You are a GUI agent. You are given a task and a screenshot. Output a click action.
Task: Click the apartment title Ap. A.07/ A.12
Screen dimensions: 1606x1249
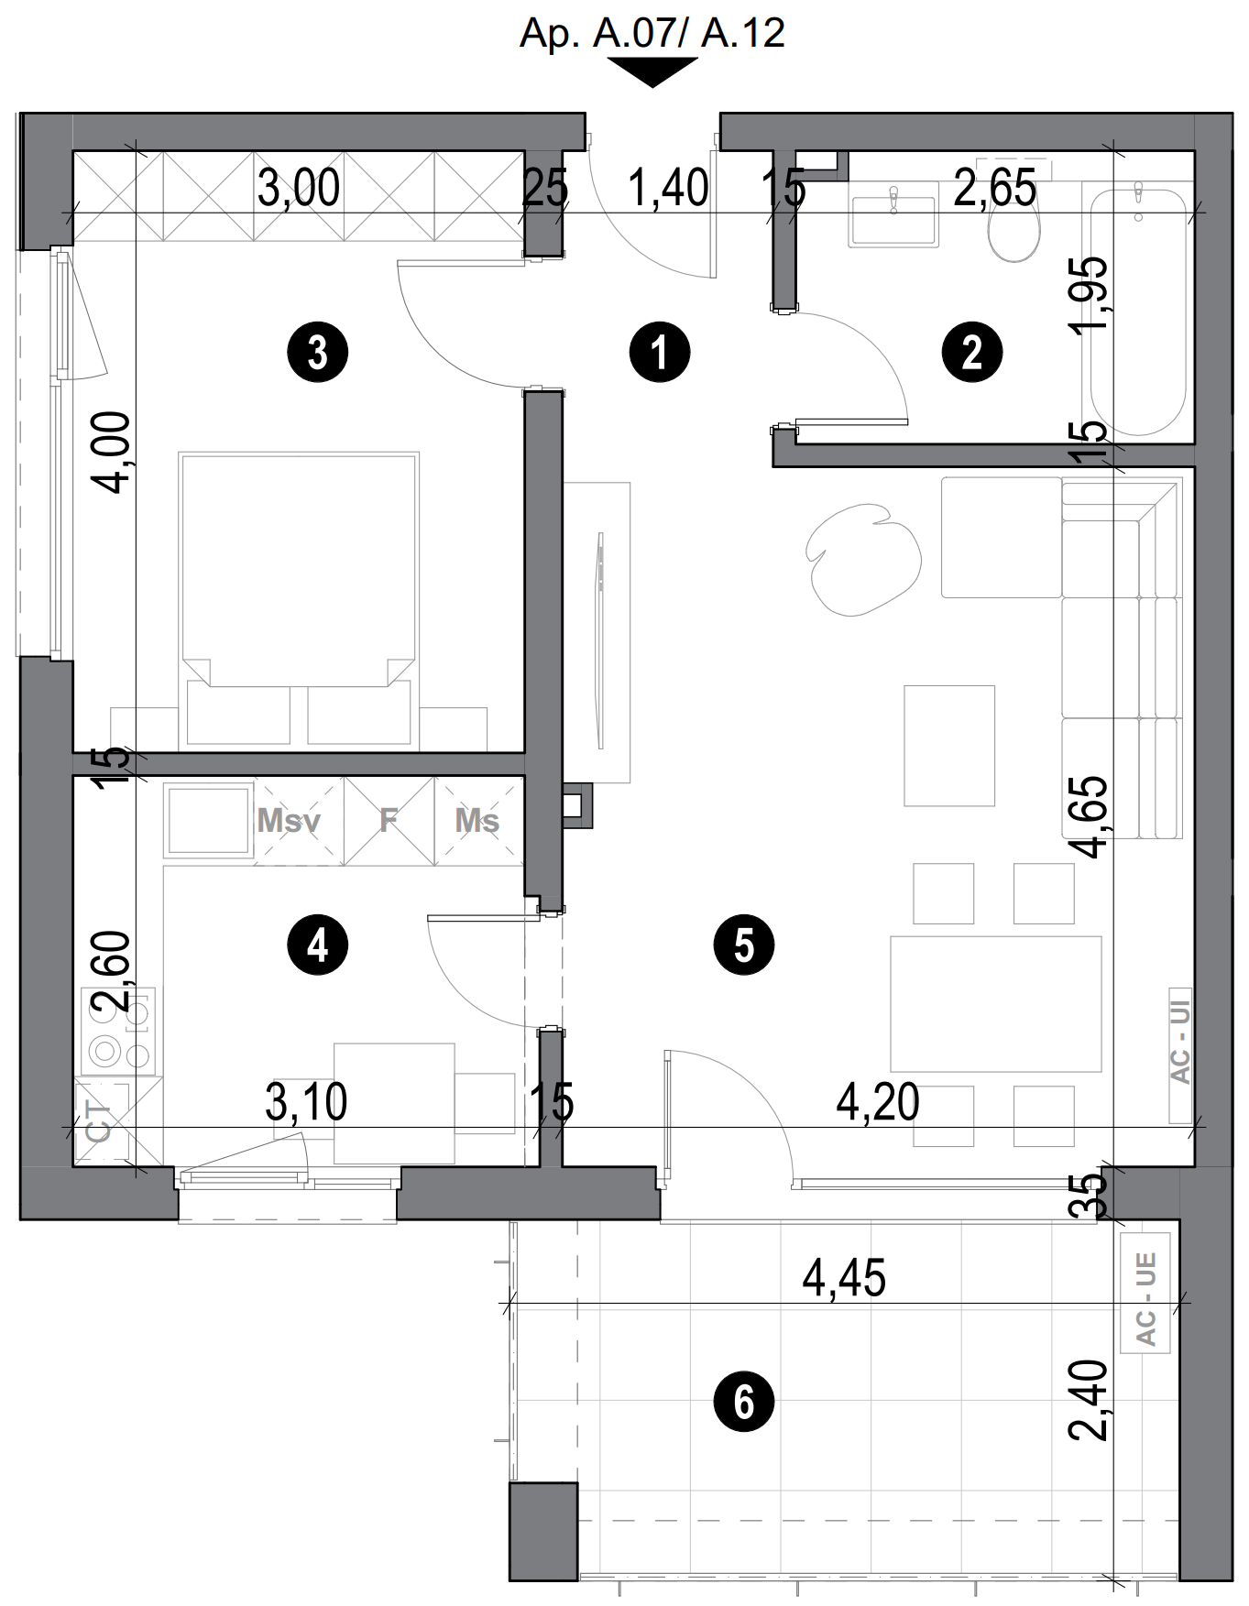pos(652,34)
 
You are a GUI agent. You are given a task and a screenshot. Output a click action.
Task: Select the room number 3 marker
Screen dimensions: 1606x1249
pos(317,352)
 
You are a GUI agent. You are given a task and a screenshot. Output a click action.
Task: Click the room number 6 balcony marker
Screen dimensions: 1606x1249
pos(743,1402)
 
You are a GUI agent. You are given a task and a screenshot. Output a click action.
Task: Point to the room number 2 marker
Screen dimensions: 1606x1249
pos(972,352)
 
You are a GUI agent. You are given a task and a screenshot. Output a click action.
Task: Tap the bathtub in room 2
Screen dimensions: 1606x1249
pos(1137,311)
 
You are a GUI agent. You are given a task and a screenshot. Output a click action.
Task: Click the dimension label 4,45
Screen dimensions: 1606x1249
pos(844,1278)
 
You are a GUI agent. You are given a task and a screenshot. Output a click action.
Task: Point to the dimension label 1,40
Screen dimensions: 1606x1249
pos(668,189)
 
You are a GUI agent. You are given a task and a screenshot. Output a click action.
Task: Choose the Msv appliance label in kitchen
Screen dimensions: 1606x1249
pos(289,820)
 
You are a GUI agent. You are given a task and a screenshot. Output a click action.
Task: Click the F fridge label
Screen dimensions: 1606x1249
pos(389,820)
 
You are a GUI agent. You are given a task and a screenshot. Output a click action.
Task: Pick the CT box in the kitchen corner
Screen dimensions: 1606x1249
pos(99,1121)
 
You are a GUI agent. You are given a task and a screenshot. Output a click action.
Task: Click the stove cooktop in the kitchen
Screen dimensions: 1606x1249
pos(117,1031)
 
